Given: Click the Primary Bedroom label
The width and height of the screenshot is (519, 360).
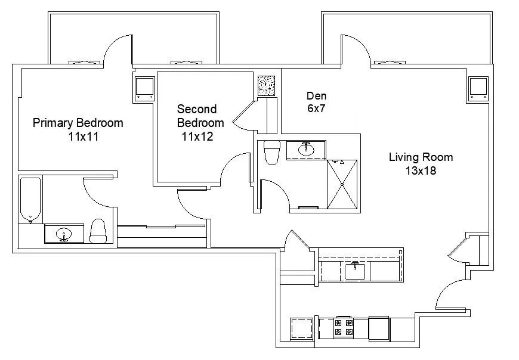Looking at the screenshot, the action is [78, 123].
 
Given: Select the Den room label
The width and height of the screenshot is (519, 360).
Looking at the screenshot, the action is [316, 96].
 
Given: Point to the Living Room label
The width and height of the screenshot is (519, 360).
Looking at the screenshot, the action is [421, 158].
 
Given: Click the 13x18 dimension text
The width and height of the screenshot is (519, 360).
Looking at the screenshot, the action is [421, 171].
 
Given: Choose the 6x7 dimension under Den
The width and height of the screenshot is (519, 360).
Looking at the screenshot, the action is [316, 109].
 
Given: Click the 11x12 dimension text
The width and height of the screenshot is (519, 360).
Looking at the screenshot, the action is [197, 136].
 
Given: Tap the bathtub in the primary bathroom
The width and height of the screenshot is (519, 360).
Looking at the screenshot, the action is [30, 198].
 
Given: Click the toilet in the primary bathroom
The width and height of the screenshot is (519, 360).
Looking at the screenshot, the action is [98, 231].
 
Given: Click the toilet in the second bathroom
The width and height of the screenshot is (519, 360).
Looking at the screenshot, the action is [271, 151].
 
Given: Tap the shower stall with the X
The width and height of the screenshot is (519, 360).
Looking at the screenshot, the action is [342, 185].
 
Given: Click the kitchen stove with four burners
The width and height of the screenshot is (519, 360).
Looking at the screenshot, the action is [344, 327].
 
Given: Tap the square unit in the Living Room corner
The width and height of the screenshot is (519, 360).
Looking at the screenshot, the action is [478, 88].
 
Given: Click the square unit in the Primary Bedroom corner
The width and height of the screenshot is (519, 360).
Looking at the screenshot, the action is [144, 88].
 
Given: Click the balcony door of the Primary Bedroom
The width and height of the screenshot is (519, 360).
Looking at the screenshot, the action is [118, 48].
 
